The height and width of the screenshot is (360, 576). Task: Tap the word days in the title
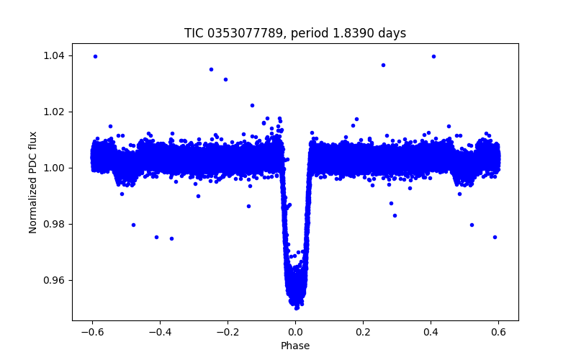[392, 33]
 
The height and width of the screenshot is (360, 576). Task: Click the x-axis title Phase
[295, 346]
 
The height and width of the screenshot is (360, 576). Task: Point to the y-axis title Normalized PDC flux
[33, 181]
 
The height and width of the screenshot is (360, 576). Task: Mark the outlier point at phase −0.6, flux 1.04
[95, 56]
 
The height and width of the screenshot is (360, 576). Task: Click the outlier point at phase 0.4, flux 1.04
[433, 56]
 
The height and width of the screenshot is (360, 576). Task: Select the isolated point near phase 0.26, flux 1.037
[383, 65]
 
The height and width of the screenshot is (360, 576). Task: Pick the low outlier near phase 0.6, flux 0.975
[495, 237]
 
